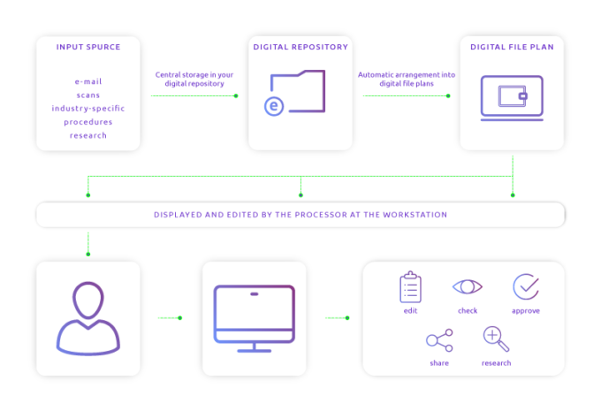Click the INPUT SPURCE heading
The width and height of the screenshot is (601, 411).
click(87, 47)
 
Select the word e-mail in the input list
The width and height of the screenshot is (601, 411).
click(87, 81)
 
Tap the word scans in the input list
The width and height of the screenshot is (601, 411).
click(87, 95)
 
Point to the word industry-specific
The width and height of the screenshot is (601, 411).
click(87, 108)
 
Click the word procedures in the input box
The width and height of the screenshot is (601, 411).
click(87, 122)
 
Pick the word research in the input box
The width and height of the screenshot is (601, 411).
click(87, 135)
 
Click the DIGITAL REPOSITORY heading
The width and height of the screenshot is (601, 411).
click(300, 47)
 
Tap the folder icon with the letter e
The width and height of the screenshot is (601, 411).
click(296, 93)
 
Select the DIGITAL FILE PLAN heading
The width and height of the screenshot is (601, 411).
click(513, 47)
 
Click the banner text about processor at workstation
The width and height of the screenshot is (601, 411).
click(300, 215)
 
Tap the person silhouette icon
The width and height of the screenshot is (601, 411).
click(87, 317)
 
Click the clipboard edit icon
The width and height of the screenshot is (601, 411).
click(410, 288)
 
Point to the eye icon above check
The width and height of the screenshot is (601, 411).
click(468, 286)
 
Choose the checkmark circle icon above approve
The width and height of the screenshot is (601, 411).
click(525, 286)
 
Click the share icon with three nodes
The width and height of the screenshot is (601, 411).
click(439, 340)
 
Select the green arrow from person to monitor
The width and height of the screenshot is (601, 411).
click(170, 317)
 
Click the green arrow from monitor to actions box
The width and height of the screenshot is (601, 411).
click(337, 317)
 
